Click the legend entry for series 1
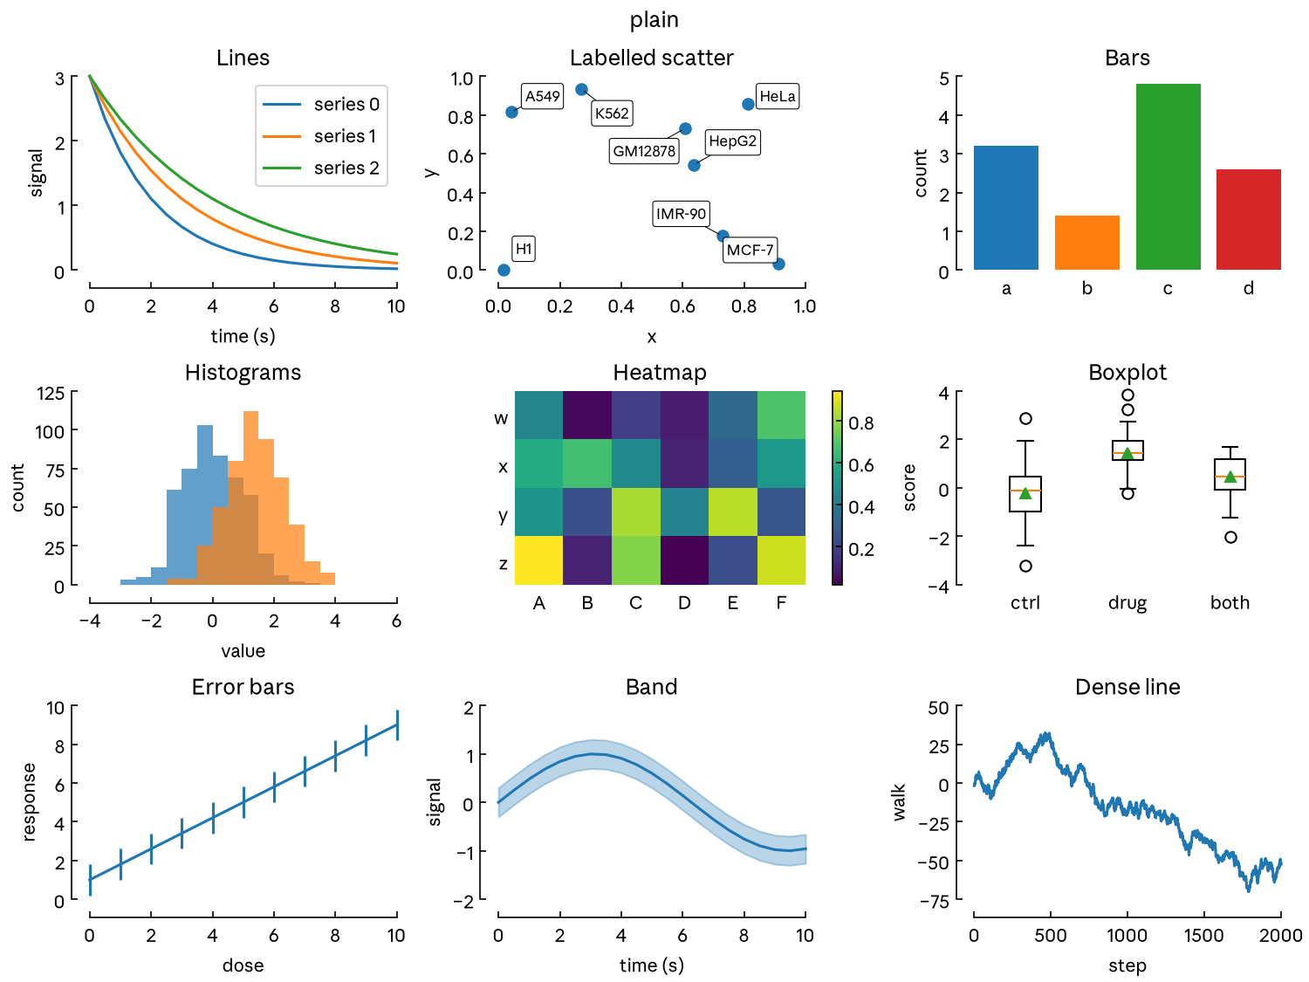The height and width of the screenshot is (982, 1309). (320, 136)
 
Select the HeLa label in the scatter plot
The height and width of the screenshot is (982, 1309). (777, 96)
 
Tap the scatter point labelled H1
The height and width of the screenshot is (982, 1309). (504, 270)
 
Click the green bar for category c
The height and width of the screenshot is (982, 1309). (1168, 176)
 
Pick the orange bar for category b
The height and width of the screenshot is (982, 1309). (1086, 243)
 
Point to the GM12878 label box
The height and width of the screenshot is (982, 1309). (643, 151)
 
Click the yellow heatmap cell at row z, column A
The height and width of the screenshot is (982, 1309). (538, 560)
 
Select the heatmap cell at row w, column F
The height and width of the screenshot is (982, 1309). (781, 415)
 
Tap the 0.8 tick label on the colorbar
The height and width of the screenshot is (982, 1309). (860, 423)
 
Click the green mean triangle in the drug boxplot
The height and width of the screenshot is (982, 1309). (1127, 453)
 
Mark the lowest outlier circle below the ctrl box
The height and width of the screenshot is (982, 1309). (1025, 566)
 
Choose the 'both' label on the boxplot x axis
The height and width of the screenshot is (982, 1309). (1230, 603)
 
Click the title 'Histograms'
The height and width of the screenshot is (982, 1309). (243, 373)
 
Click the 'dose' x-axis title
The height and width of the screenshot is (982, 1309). (243, 965)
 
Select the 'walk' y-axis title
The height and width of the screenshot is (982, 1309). (899, 802)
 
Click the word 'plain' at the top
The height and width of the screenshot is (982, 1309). (654, 20)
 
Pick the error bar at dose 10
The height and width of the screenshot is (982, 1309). (397, 725)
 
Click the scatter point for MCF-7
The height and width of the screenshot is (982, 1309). (778, 264)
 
